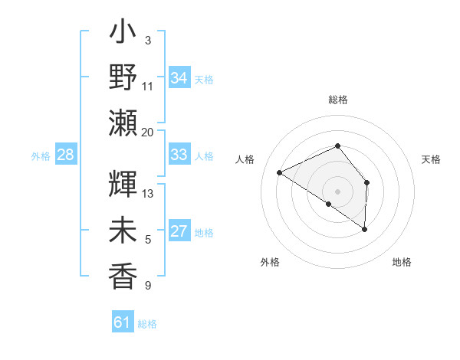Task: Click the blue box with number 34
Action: [179, 78]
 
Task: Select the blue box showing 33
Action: [179, 155]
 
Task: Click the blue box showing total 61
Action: [123, 322]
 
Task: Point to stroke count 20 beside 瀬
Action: [147, 132]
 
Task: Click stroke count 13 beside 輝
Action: [148, 194]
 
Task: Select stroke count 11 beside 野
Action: [148, 85]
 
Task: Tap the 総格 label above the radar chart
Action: [337, 100]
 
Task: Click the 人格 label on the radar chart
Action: [245, 159]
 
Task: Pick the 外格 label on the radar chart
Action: [270, 262]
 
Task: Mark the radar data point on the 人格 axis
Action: [280, 172]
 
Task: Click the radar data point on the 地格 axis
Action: [365, 229]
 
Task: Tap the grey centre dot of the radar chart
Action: [337, 191]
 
